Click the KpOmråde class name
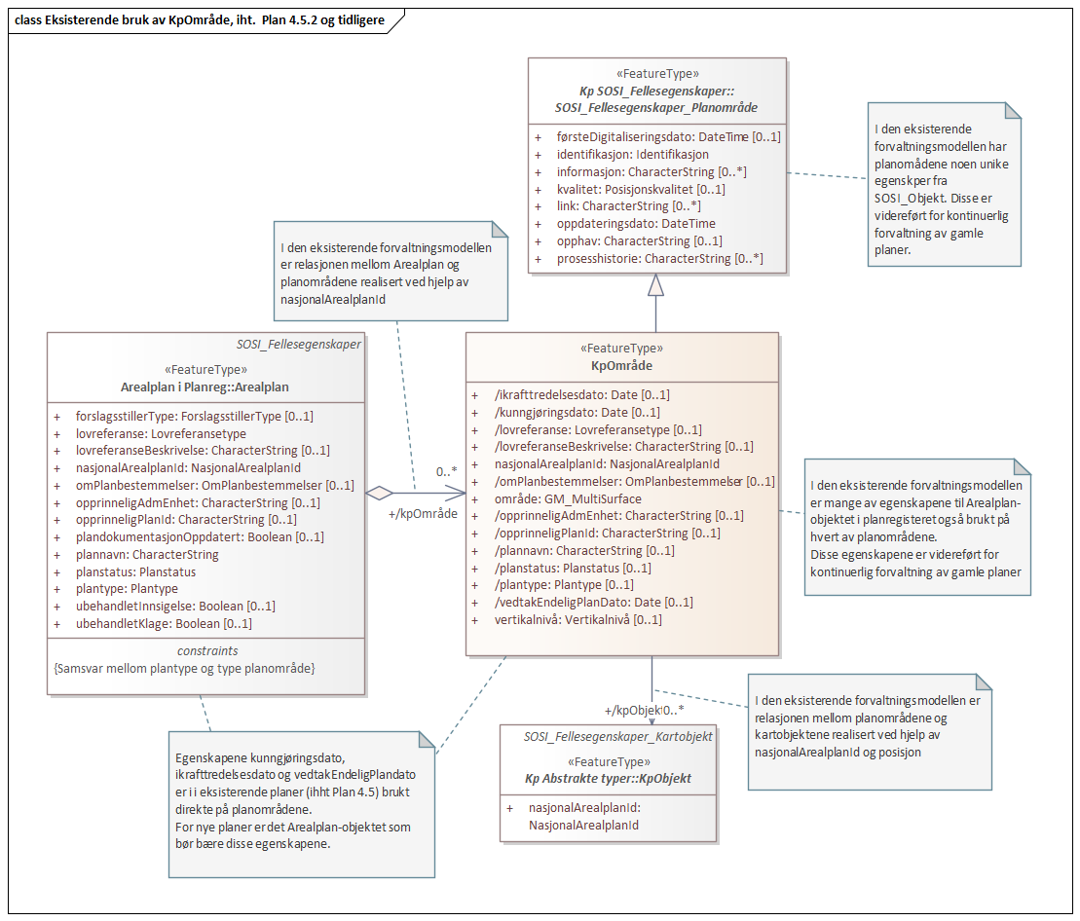point(621,365)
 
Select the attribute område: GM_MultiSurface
point(568,498)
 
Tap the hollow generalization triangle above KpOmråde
point(655,285)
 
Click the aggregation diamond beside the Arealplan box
point(379,493)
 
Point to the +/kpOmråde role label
point(423,513)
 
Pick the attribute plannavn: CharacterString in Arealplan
point(147,554)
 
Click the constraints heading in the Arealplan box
point(207,650)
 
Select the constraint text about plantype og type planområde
point(184,669)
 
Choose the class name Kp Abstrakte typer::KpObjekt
point(608,779)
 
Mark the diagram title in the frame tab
point(199,20)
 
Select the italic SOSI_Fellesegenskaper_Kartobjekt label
point(617,737)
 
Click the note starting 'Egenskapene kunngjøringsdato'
point(302,804)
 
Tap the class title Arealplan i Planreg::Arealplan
point(205,387)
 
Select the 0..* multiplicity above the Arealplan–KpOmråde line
point(446,471)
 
